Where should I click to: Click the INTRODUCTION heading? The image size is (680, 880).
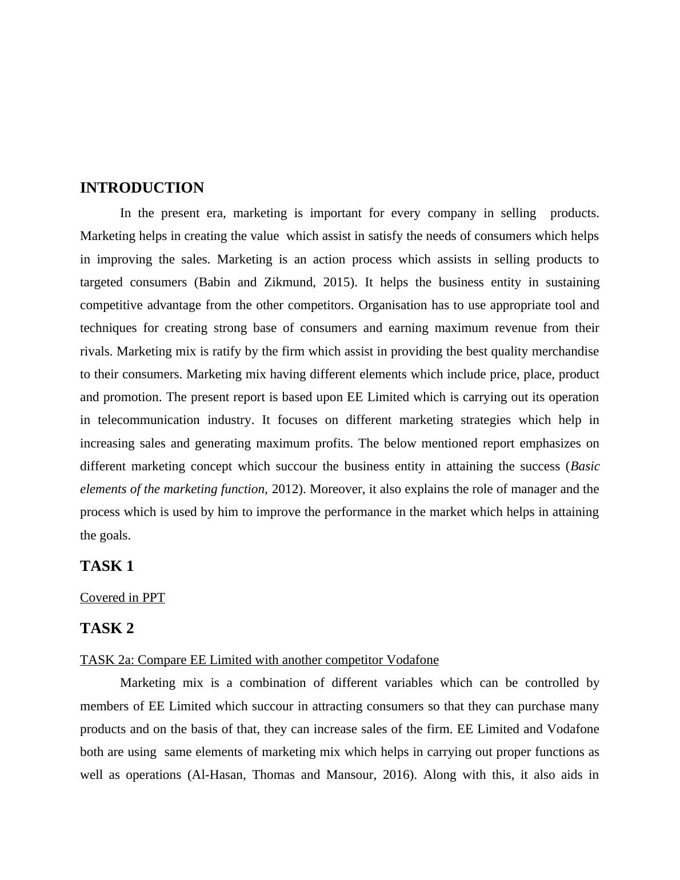142,188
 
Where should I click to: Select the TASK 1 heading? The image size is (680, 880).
107,566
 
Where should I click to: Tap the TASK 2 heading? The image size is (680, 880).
107,629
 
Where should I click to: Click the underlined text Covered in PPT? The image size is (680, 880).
122,598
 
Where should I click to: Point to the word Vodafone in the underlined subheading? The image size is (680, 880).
413,660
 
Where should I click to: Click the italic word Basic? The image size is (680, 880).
585,466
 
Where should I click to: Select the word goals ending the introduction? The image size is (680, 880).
114,535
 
